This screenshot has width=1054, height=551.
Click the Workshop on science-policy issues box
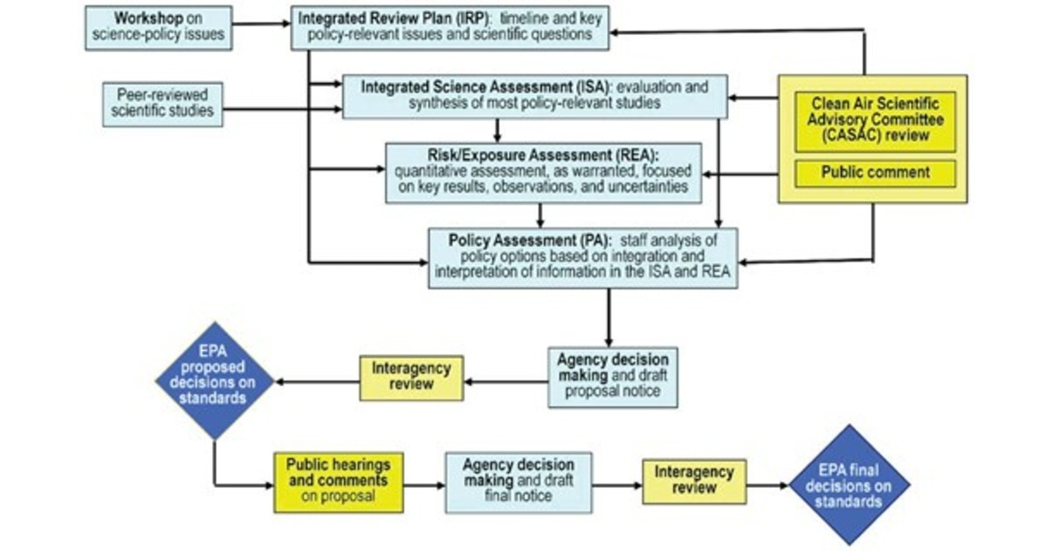click(159, 27)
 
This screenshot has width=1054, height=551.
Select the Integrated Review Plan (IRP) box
click(451, 27)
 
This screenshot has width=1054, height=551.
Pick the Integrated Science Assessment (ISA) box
click(534, 97)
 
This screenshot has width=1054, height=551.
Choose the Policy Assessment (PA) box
click(582, 258)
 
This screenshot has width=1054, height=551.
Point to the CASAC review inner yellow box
click(874, 121)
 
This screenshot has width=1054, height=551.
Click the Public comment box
click(875, 173)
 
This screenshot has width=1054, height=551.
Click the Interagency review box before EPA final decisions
click(694, 481)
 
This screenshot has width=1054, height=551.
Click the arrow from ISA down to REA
click(498, 130)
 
